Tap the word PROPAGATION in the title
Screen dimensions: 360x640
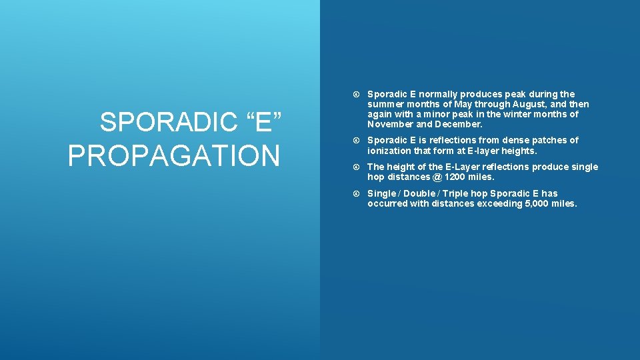[x=174, y=155]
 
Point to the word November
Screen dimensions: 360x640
[x=390, y=124]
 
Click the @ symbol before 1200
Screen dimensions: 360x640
[x=436, y=177]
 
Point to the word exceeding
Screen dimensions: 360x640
[x=499, y=204]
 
